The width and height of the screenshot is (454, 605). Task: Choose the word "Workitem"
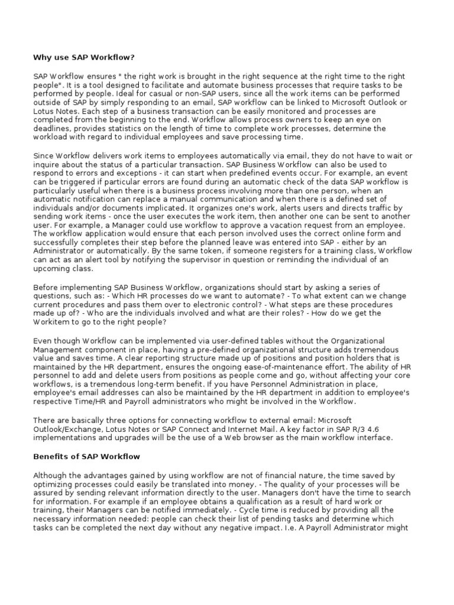pyautogui.click(x=52, y=321)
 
